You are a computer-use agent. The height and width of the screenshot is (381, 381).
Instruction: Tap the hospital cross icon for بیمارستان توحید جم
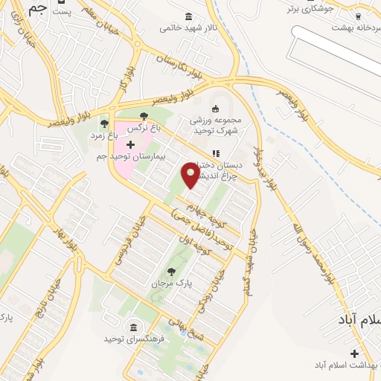(x=131, y=143)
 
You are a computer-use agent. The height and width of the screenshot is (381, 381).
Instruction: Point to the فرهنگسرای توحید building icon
(x=133, y=328)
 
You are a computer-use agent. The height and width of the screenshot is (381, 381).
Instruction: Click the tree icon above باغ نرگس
(x=144, y=117)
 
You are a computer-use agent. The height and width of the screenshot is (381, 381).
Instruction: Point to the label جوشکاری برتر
(x=318, y=9)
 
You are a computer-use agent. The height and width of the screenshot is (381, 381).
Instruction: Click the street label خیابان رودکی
(x=217, y=278)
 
